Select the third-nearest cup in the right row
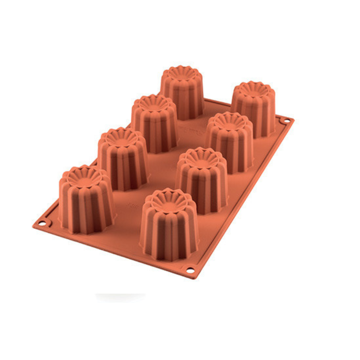pyautogui.click(x=229, y=142)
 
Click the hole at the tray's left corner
pyautogui.click(x=42, y=224)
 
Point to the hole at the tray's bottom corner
pyautogui.click(x=190, y=270)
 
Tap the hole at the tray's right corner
pyautogui.click(x=287, y=121)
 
